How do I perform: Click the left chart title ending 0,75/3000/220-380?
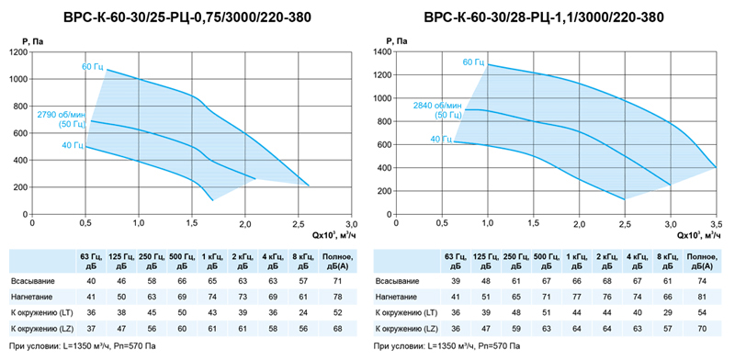tap(187, 17)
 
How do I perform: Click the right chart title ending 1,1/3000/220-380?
tap(544, 17)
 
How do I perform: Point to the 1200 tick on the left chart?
tap(18, 52)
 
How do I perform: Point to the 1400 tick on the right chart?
tap(383, 52)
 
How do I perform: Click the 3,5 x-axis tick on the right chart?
tap(716, 222)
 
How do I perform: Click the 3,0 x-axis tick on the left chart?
tap(352, 222)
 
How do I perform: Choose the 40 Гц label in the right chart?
tap(441, 139)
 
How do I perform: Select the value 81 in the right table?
tap(702, 297)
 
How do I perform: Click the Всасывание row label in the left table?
tap(33, 281)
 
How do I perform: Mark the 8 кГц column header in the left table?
tap(304, 261)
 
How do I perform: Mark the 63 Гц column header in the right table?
tap(455, 261)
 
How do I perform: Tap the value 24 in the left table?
tap(304, 312)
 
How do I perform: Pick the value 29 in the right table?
tap(668, 312)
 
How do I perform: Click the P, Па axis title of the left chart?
tap(33, 41)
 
